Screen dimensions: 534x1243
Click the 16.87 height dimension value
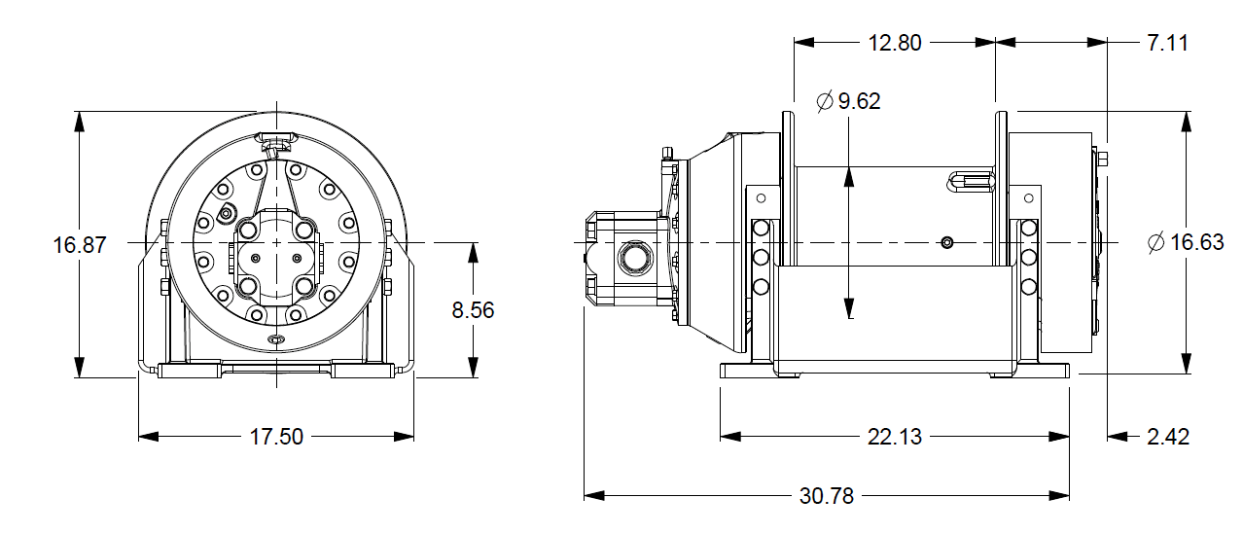click(79, 245)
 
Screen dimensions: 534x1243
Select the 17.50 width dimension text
click(277, 437)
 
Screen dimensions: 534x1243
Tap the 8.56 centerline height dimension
click(473, 310)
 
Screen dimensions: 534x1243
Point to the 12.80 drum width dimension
click(894, 43)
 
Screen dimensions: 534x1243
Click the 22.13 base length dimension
click(894, 437)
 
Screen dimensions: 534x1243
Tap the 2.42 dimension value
click(1167, 437)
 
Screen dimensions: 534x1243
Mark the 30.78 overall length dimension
click(826, 496)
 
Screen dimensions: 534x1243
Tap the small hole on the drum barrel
click(947, 242)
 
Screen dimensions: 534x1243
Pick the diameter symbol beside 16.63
click(1155, 243)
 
